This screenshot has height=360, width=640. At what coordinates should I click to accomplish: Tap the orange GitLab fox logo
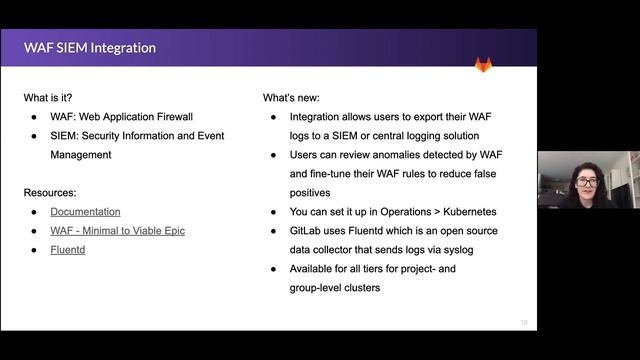[x=483, y=65]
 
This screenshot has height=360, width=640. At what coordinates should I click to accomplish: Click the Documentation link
[x=85, y=212]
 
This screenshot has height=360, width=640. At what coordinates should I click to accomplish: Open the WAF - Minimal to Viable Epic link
[x=117, y=231]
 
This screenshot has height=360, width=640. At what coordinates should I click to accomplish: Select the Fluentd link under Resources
[x=69, y=250]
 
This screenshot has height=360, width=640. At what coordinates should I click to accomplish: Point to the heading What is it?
[x=52, y=98]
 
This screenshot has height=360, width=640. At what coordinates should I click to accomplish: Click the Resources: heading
[x=50, y=192]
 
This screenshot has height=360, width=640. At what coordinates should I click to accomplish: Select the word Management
[x=81, y=155]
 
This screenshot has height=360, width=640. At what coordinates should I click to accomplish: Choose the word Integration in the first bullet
[x=322, y=117]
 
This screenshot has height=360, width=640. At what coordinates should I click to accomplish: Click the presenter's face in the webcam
[x=586, y=184]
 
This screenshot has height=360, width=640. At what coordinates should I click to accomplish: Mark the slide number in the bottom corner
[x=524, y=322]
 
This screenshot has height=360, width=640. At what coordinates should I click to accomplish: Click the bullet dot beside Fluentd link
[x=35, y=250]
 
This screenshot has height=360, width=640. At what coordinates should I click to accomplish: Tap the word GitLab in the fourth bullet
[x=310, y=231]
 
